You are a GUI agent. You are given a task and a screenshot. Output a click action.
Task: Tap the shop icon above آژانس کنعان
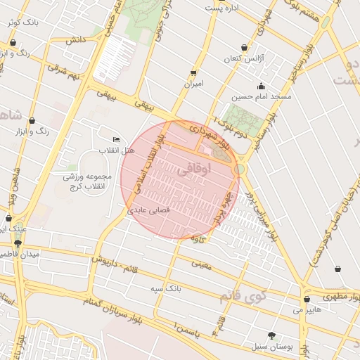(x=244, y=47)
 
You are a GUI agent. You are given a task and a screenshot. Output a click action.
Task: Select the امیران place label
(x=193, y=83)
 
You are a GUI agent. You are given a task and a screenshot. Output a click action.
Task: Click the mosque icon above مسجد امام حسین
(x=261, y=86)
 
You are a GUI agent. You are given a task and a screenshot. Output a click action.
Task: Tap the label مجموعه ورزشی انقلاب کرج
(x=84, y=180)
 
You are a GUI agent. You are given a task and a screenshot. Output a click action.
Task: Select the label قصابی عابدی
(x=149, y=210)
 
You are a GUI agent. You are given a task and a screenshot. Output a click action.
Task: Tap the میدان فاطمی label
(x=20, y=253)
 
